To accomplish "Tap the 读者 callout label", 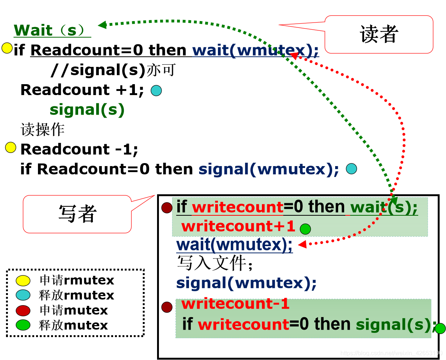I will pos(379,35).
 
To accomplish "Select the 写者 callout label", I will pos(77,214).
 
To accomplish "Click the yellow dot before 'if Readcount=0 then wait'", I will pos(7,48).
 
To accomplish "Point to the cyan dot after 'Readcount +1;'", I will pos(156,91).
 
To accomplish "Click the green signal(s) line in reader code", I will pos(87,110).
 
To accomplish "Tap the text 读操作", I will pos(42,130).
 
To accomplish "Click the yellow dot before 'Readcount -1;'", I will pos(11,148).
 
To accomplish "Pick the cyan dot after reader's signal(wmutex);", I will pos(351,169).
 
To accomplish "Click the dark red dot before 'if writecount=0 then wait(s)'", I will pos(167,207).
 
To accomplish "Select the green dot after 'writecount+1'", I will pos(305,228).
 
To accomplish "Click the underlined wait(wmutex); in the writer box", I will pos(234,245).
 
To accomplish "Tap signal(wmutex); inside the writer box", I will pos(246,283).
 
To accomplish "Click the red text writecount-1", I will pos(235,304).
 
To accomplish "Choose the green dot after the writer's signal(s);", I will pos(440,328).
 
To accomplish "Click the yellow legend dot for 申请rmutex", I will pos(23,280).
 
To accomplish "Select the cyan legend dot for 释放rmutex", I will pos(23,295).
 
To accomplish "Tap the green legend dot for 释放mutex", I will pos(23,325).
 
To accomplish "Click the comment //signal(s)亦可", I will pos(113,70).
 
